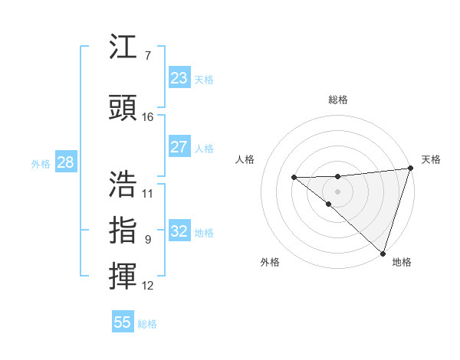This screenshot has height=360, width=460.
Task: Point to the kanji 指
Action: (x=123, y=230)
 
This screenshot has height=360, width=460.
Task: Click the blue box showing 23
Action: (x=179, y=77)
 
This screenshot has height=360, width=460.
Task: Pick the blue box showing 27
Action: (x=179, y=147)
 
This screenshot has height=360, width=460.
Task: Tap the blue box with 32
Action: (x=179, y=231)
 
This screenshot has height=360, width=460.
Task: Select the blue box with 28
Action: (x=65, y=162)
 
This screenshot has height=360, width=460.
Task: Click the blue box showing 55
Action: (x=123, y=322)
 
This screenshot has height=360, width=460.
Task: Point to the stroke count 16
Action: (x=148, y=116)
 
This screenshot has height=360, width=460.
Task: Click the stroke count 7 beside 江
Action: (x=147, y=55)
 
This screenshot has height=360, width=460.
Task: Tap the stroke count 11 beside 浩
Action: (x=148, y=193)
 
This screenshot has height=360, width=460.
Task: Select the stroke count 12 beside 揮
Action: (x=148, y=286)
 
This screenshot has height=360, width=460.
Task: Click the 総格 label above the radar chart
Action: (x=337, y=100)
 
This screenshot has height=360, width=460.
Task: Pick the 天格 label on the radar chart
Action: (x=431, y=159)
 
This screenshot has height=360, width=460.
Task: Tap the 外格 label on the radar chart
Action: (x=270, y=262)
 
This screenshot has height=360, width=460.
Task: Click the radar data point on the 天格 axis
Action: (x=411, y=168)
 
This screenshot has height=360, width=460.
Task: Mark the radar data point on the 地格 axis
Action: (x=383, y=253)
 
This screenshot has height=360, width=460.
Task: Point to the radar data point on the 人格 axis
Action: (x=294, y=178)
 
